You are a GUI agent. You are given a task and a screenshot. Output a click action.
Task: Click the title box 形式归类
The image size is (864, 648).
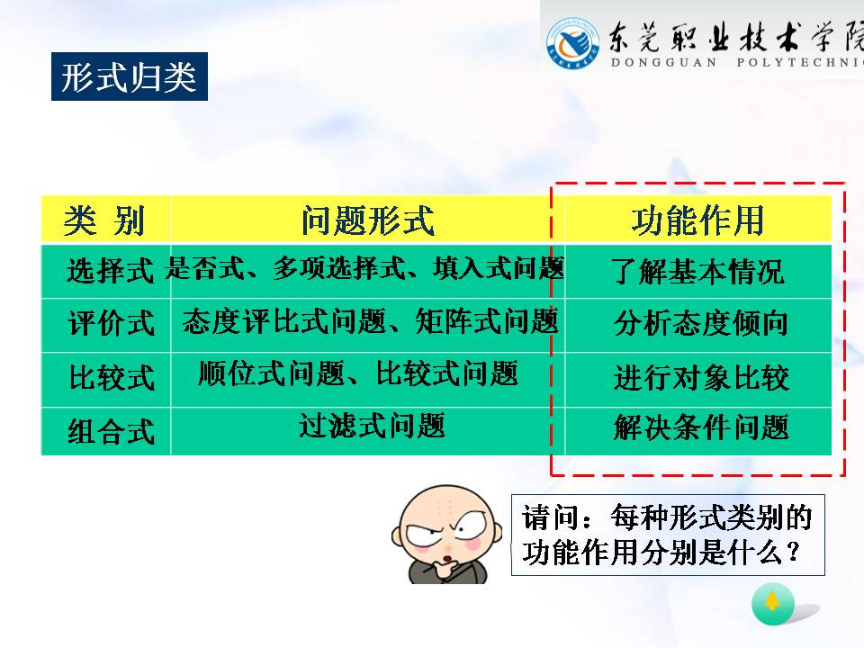pos(130,76)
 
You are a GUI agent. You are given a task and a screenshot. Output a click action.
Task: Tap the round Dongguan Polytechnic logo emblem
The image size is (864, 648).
pos(573,43)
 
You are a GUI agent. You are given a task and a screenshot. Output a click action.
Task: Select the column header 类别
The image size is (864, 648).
pos(104,220)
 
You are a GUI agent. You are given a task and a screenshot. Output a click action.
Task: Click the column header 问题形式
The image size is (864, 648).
pos(367,220)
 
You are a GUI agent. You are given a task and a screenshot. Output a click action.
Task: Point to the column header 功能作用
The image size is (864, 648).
pos(697,220)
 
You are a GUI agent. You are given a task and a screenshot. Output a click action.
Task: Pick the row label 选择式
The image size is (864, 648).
pos(110,271)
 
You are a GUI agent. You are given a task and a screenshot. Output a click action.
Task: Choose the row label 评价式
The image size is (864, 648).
pos(111,323)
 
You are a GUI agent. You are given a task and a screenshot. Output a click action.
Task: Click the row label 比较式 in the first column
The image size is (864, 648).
pos(112,377)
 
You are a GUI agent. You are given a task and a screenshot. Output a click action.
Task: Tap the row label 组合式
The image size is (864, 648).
pos(111,431)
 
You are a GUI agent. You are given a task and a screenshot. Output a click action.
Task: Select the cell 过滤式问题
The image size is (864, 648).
pos(372,426)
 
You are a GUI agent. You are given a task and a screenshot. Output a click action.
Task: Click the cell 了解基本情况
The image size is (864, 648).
pos(698,271)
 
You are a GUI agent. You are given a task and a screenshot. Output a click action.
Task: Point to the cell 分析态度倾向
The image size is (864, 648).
pos(700,323)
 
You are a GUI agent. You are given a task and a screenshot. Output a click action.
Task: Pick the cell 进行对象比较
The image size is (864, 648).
pos(701,377)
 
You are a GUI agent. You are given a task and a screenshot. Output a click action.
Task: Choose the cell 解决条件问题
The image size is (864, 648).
pos(701,427)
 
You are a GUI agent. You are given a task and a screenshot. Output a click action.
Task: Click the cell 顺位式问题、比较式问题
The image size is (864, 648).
pos(358,373)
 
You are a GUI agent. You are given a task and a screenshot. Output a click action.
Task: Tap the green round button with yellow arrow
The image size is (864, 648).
pos(772,603)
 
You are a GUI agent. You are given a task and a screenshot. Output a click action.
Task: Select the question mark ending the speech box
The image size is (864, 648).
pos(794,551)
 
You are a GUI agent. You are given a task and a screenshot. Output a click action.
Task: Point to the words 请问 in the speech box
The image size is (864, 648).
pos(551,518)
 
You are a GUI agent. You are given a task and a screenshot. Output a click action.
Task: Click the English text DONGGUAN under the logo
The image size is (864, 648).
pos(664,62)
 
